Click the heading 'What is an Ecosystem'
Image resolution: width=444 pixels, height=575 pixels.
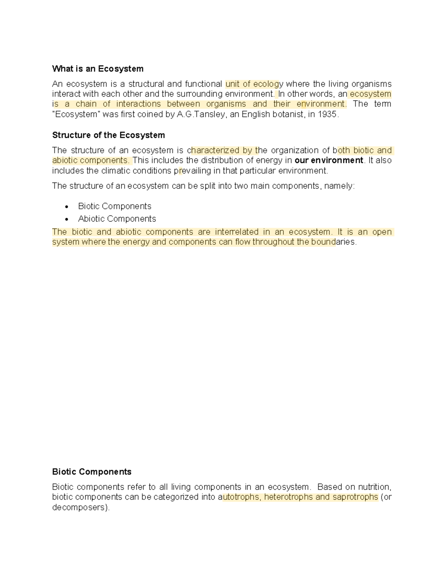pyautogui.click(x=98, y=69)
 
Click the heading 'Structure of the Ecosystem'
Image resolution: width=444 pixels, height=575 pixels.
pyautogui.click(x=108, y=135)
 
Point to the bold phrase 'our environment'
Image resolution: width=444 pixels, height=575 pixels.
pyautogui.click(x=329, y=160)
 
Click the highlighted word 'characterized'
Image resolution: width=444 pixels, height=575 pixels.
pyautogui.click(x=215, y=150)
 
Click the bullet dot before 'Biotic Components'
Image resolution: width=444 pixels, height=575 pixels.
pyautogui.click(x=67, y=207)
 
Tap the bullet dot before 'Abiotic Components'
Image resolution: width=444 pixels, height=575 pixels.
pyautogui.click(x=67, y=219)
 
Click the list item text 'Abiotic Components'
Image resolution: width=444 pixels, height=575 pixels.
pyautogui.click(x=117, y=219)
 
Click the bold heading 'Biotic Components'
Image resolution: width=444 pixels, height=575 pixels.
pyautogui.click(x=92, y=472)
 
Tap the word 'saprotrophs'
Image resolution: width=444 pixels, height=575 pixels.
pyautogui.click(x=355, y=497)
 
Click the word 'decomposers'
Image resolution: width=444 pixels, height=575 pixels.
pyautogui.click(x=80, y=507)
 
